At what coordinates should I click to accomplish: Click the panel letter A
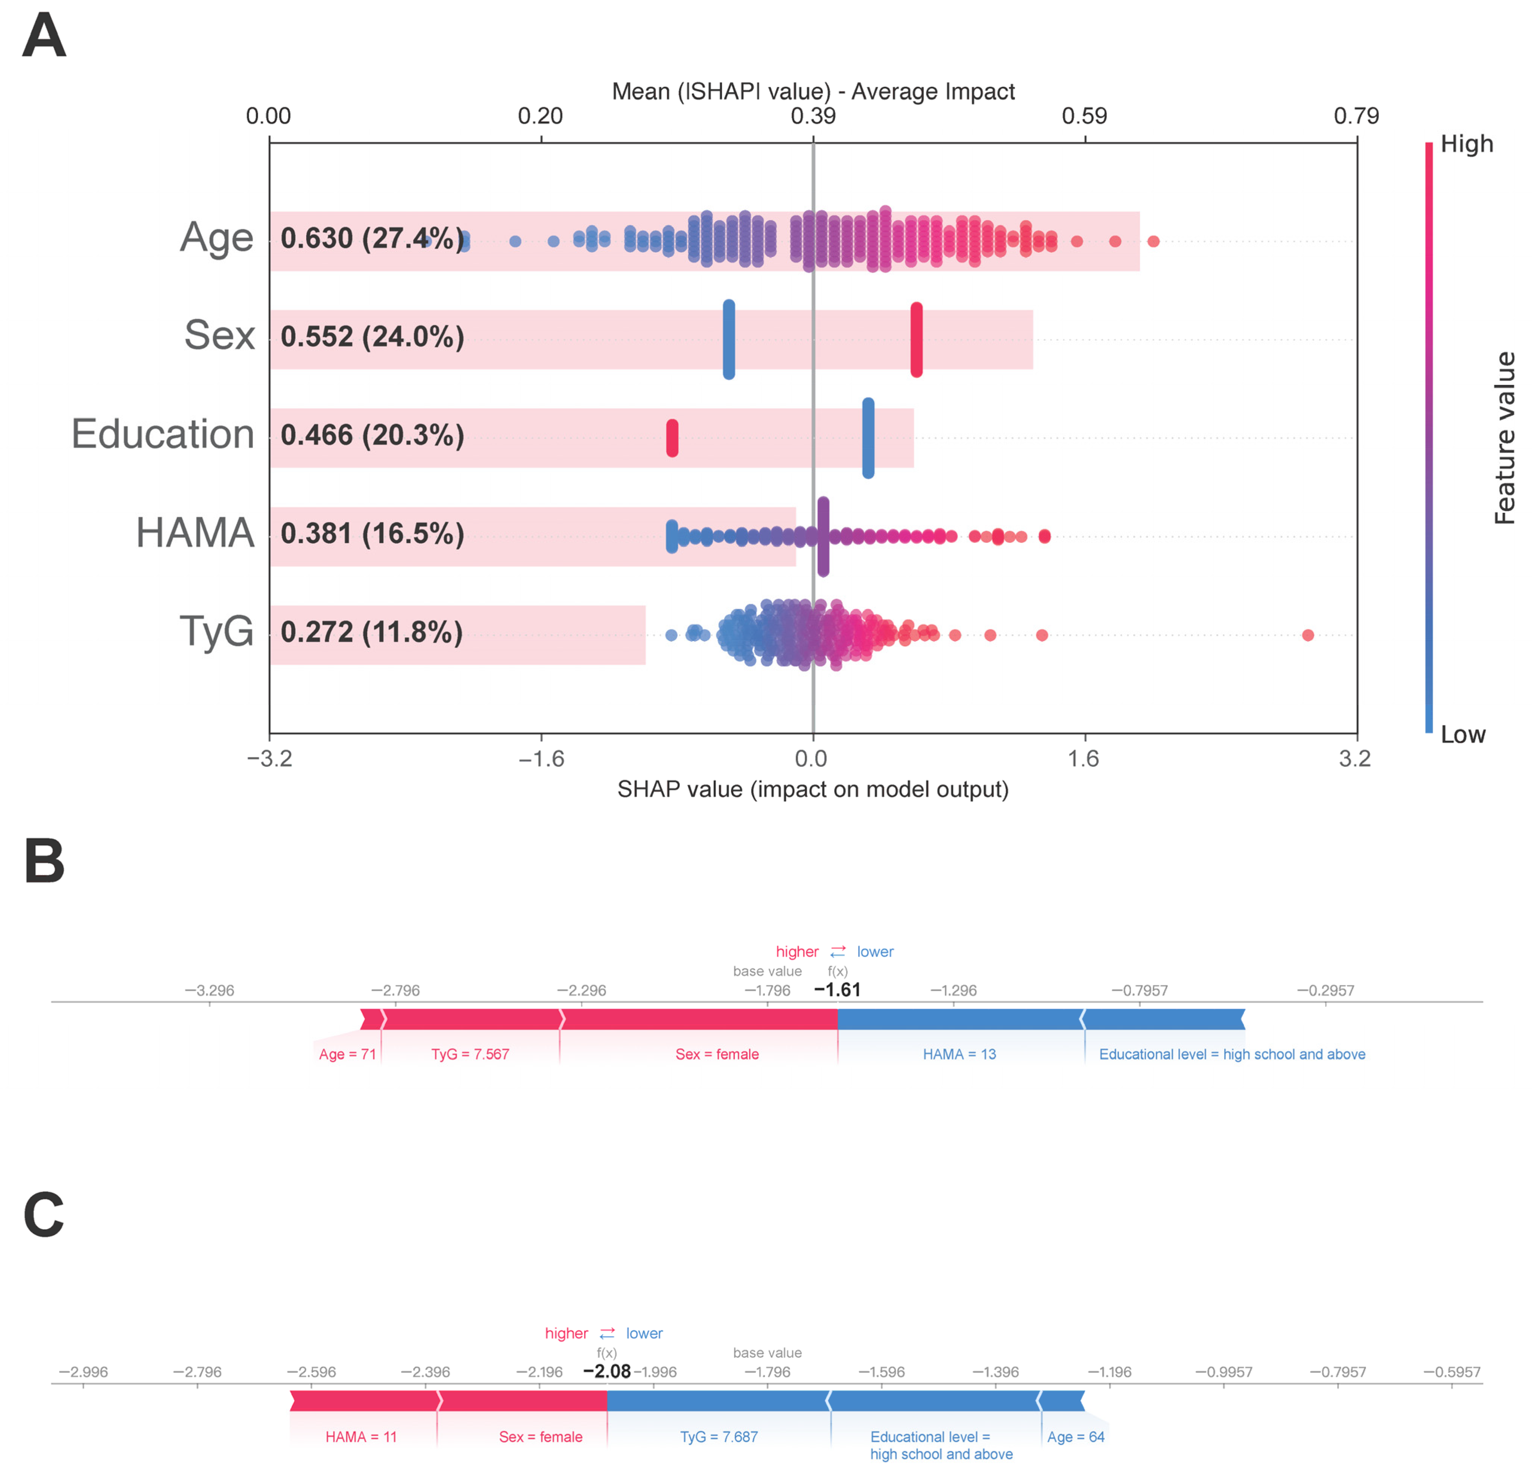[x=44, y=37]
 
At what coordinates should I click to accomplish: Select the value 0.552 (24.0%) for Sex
[x=372, y=337]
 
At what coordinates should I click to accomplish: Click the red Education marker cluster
[x=672, y=438]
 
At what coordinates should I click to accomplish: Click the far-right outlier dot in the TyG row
[x=1308, y=635]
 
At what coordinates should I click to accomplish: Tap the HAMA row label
[x=195, y=533]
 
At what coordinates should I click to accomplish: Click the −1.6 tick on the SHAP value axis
[x=541, y=758]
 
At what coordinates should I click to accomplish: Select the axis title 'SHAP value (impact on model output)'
[x=813, y=790]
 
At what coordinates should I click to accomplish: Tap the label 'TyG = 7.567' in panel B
[x=470, y=1054]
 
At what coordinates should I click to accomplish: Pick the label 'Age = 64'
[x=1076, y=1437]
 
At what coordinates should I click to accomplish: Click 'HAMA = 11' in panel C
[x=361, y=1437]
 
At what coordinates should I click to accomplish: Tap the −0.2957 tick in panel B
[x=1326, y=990]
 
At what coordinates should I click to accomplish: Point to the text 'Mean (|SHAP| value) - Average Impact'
[x=813, y=91]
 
